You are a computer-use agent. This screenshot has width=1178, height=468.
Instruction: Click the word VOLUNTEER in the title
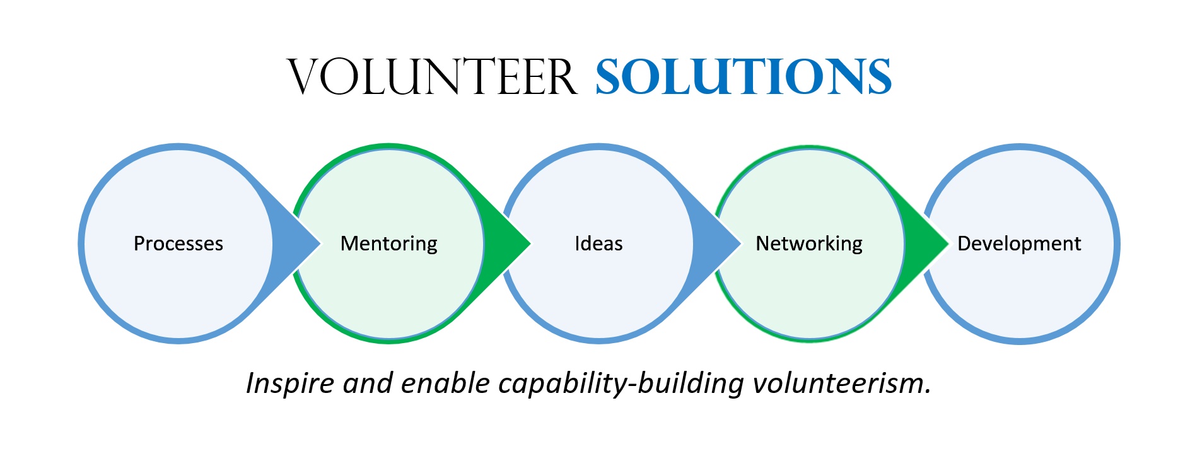click(x=432, y=77)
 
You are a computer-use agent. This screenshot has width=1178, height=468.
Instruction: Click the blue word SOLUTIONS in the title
click(x=744, y=77)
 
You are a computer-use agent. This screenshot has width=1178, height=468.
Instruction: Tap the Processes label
click(x=178, y=243)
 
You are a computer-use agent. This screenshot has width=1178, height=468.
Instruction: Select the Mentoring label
click(x=389, y=244)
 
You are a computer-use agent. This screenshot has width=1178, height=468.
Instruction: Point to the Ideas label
click(x=598, y=243)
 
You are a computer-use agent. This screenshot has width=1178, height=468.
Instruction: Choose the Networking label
click(x=809, y=244)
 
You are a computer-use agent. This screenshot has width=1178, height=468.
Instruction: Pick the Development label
click(x=1019, y=244)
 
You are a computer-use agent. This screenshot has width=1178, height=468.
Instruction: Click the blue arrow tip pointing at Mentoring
click(x=320, y=243)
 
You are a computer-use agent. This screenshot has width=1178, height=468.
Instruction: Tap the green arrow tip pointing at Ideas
click(x=530, y=243)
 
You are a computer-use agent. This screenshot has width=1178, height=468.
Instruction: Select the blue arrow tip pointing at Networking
click(x=740, y=243)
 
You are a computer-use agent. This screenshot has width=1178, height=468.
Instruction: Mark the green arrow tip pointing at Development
click(x=948, y=243)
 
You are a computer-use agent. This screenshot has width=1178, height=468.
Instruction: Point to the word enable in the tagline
click(x=445, y=383)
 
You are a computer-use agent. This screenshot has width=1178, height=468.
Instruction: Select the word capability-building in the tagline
click(x=621, y=383)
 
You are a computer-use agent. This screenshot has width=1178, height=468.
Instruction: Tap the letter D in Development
click(x=964, y=243)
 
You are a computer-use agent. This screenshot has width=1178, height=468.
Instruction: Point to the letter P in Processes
click(x=139, y=243)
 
